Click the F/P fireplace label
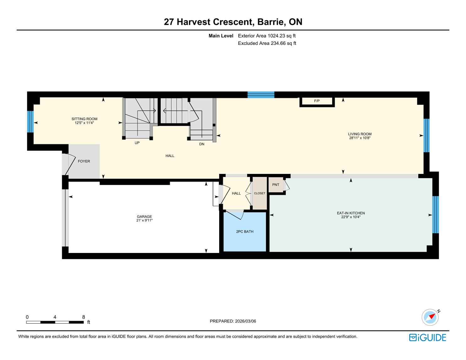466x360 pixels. tap(317, 101)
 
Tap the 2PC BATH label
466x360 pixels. tap(245, 232)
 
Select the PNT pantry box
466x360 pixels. tap(276, 185)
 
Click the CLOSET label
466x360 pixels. tap(259, 193)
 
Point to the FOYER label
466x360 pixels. tap(84, 161)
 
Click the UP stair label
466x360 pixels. tap(137, 143)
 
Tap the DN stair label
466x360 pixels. tap(202, 144)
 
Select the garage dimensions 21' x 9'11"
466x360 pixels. tap(144, 220)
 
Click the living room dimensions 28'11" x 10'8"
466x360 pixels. tap(360, 138)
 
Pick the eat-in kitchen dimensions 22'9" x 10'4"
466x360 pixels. tap(351, 217)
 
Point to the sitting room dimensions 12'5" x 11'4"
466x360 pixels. tap(84, 123)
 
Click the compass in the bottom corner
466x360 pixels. tap(430, 317)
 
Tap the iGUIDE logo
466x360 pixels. tap(428, 337)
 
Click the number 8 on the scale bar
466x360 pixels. tap(84, 317)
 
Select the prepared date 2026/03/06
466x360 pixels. tap(246, 321)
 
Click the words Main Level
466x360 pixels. tap(221, 36)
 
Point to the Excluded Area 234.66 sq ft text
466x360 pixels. tap(267, 43)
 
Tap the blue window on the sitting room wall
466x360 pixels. tap(30, 122)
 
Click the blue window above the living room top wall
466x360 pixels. tap(261, 95)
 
